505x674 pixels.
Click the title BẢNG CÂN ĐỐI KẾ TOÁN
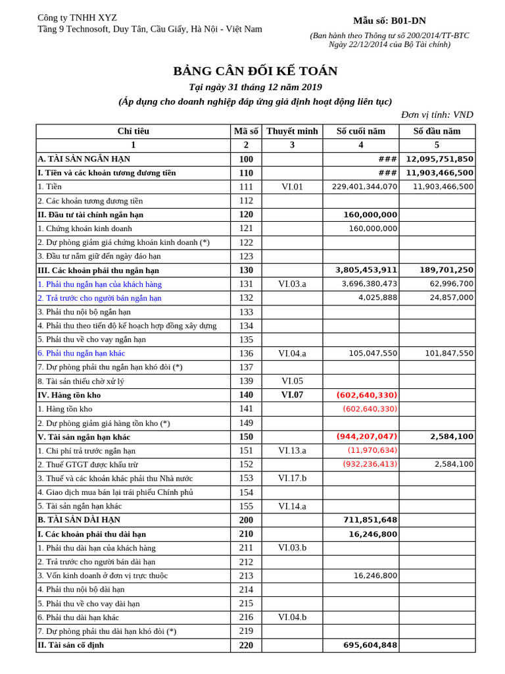255,71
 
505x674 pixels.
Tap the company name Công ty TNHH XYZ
77,18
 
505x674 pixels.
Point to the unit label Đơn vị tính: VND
437,115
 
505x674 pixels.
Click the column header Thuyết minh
292,131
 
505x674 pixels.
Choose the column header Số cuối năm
360,131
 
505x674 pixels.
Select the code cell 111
246,187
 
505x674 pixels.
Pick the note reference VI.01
292,187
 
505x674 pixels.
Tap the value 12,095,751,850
439,159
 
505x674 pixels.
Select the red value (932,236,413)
370,464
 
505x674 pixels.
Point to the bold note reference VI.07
292,395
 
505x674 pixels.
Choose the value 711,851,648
370,520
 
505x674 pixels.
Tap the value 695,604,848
370,645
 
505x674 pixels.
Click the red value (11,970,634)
372,450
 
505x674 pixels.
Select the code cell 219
246,631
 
